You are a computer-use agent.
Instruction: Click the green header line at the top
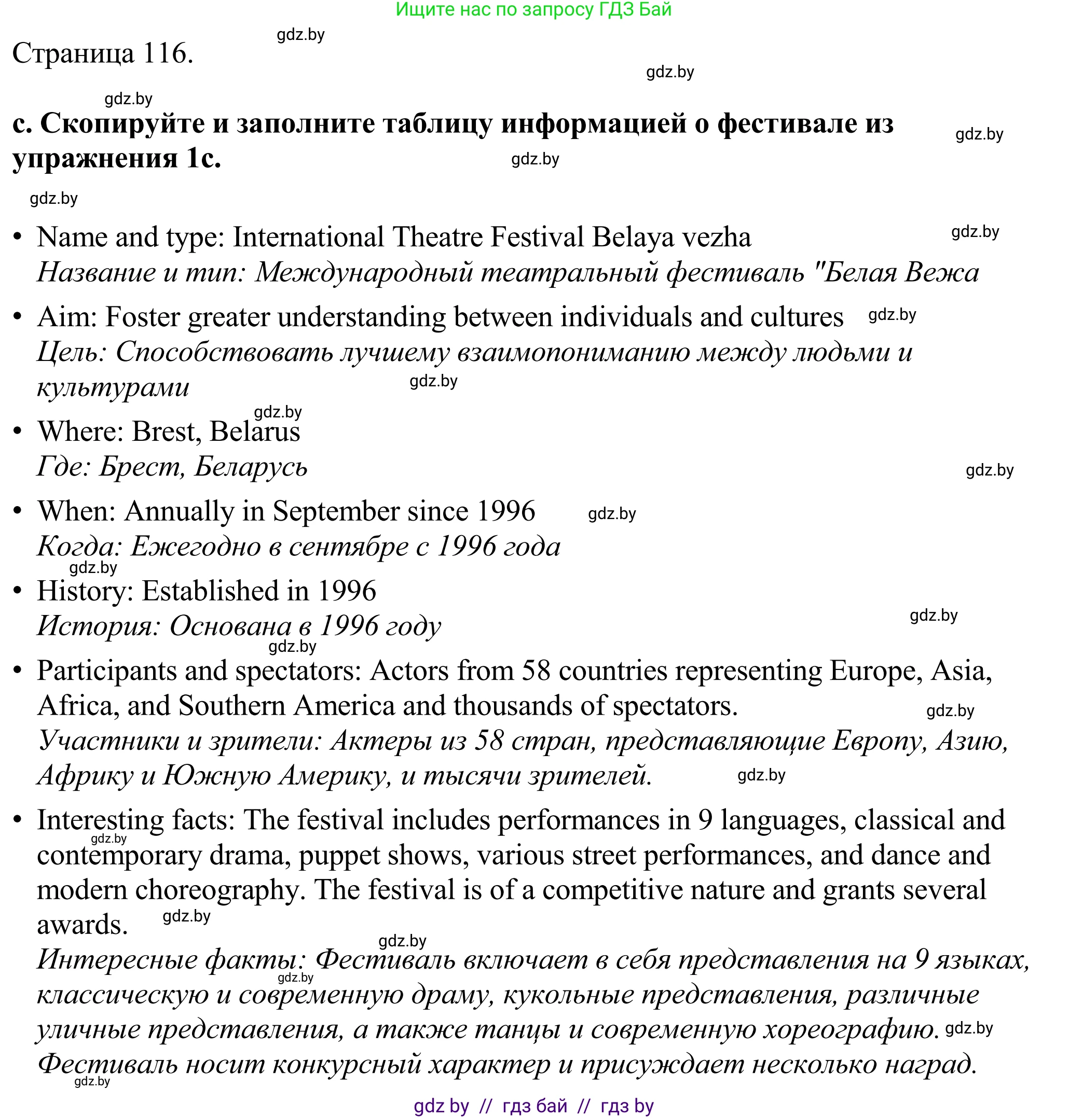click(533, 9)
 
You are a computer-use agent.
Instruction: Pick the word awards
click(82, 925)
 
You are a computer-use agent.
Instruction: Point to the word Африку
click(85, 776)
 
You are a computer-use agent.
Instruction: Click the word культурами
click(113, 387)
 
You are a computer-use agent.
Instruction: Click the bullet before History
click(18, 591)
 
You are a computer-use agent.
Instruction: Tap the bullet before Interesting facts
click(18, 819)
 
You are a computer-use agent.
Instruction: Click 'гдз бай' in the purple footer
click(534, 1106)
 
